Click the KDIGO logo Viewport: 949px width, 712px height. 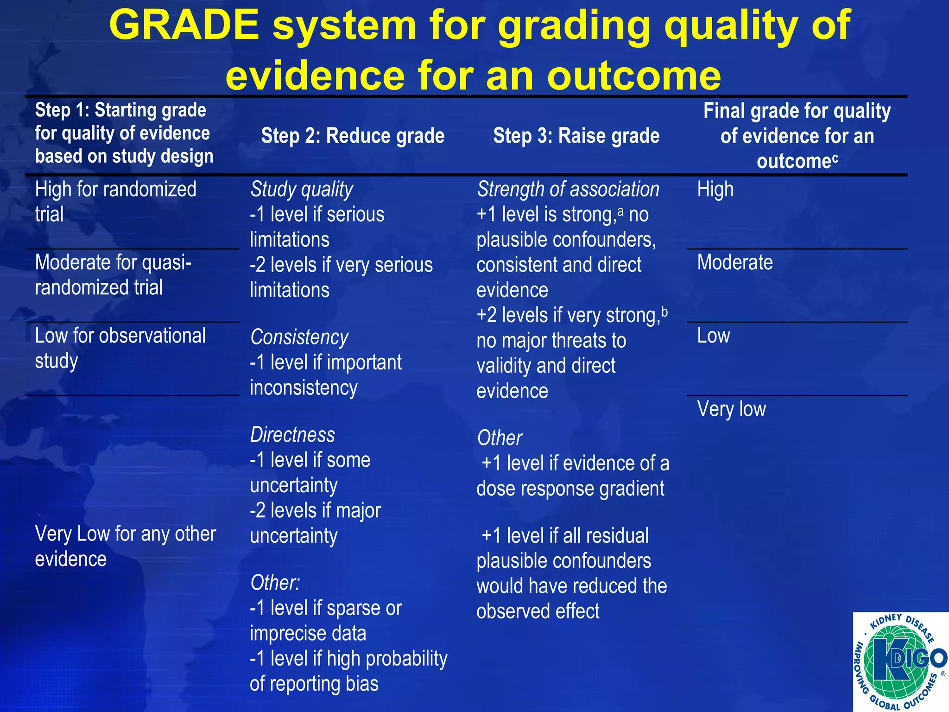click(900, 662)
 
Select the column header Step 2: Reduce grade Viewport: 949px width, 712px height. click(353, 136)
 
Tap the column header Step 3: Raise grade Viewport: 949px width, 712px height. click(576, 136)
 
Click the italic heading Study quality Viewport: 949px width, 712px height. click(302, 189)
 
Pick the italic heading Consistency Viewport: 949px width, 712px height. click(299, 337)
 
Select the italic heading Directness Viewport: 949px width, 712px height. click(292, 435)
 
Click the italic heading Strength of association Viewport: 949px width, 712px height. click(568, 189)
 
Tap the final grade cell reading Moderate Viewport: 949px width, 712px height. click(735, 262)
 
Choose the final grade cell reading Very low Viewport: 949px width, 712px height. click(731, 409)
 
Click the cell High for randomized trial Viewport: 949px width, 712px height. click(115, 201)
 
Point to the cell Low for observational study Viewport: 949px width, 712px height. click(120, 348)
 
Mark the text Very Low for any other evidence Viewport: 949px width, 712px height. click(125, 546)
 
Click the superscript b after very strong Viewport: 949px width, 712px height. click(664, 311)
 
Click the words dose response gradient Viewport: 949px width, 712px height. click(570, 489)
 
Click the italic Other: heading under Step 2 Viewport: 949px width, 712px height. click(275, 583)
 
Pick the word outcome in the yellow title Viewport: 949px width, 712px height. click(634, 76)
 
